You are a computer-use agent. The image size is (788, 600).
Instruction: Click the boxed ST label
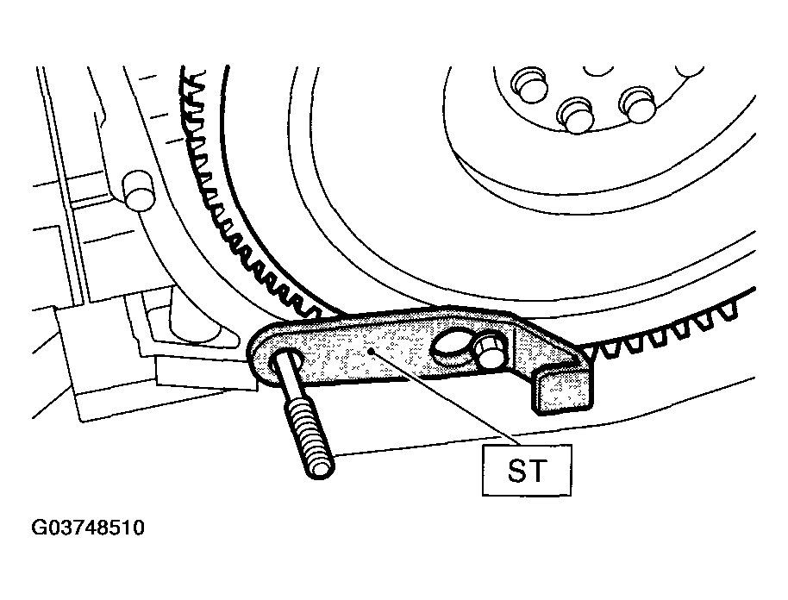(x=527, y=470)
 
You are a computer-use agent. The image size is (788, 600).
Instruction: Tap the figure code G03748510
(x=88, y=528)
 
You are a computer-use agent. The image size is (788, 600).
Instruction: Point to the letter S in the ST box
(x=517, y=471)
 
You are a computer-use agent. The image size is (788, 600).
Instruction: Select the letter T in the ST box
(x=537, y=471)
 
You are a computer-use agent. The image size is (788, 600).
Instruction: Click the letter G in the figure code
(x=38, y=528)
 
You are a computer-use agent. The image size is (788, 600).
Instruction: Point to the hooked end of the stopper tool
(x=560, y=386)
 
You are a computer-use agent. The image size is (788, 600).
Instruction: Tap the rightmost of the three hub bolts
(x=637, y=105)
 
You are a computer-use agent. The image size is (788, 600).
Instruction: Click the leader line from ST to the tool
(x=444, y=398)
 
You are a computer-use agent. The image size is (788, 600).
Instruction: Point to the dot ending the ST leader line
(x=370, y=352)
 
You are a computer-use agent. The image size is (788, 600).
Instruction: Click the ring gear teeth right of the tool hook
(x=668, y=332)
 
